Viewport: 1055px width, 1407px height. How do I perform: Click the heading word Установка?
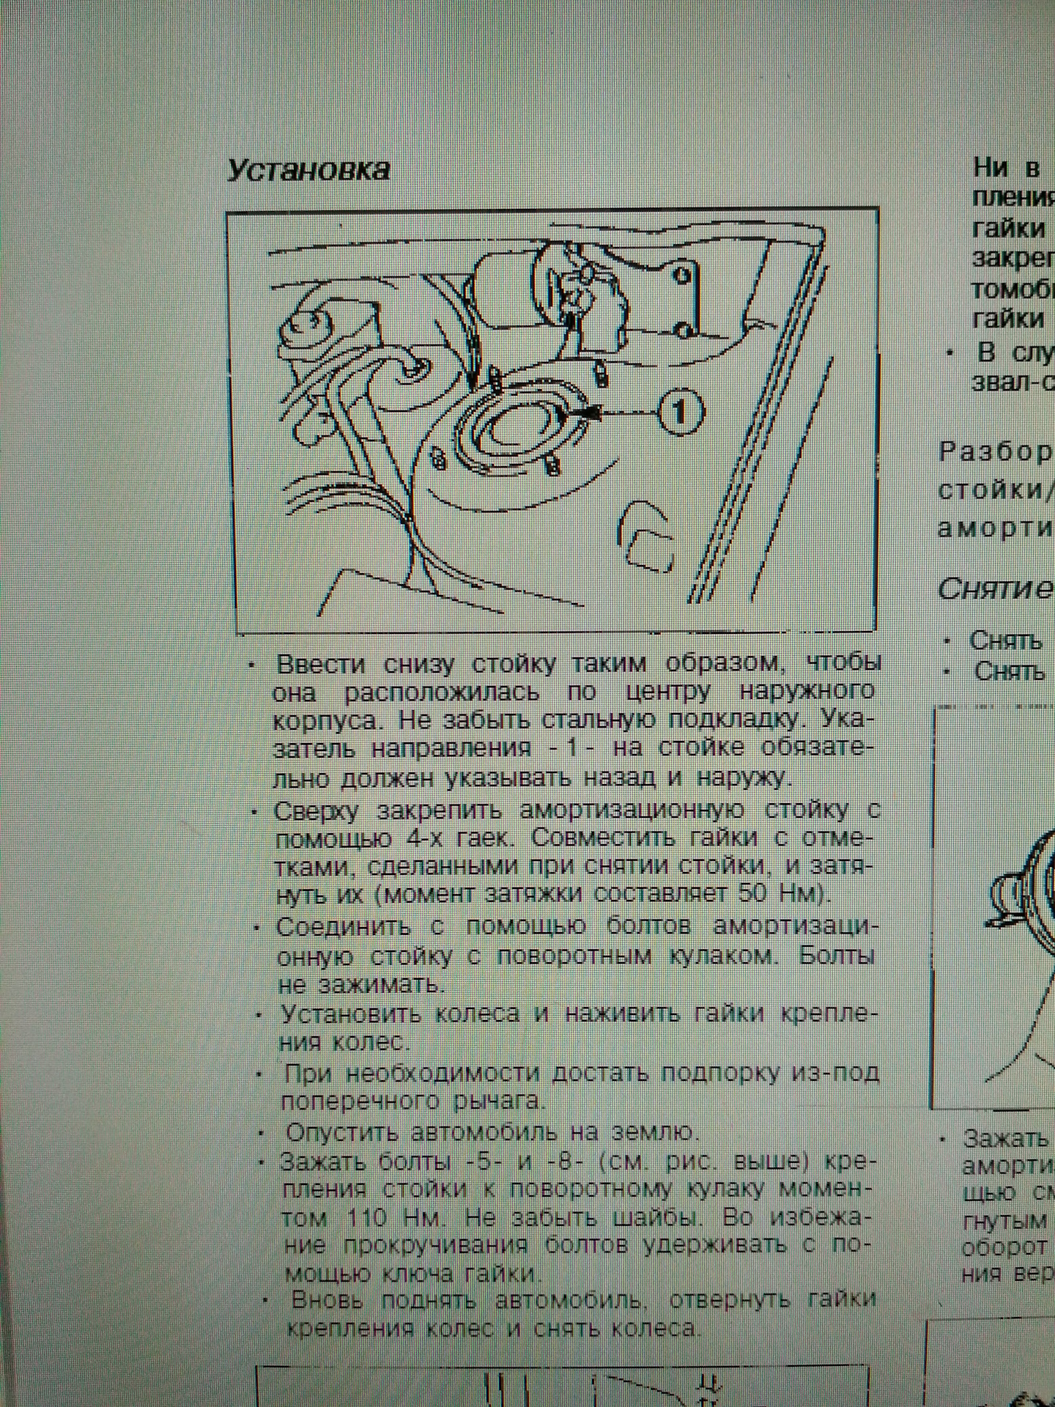308,169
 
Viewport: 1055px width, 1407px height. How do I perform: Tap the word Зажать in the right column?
1007,1138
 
